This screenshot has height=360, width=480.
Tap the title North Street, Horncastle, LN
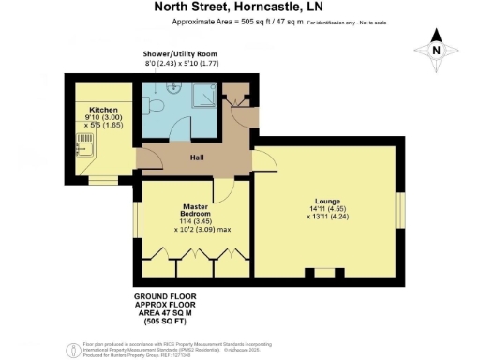239,7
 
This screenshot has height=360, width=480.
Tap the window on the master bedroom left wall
137,222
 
